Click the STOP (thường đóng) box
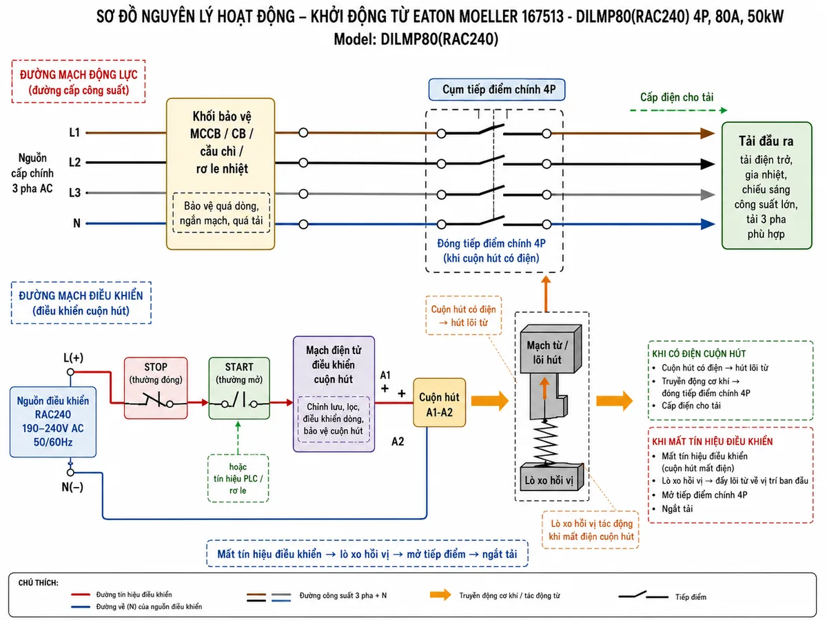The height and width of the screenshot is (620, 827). coord(156,388)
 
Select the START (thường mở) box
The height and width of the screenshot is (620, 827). coord(239,388)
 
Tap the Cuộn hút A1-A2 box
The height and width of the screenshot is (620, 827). coord(439,402)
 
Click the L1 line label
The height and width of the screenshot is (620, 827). coord(74,132)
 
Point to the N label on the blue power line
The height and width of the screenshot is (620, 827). coord(77,223)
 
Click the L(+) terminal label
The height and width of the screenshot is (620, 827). coord(74,358)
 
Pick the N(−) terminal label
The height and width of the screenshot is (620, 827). coord(72,487)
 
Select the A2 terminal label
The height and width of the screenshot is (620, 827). coord(398,441)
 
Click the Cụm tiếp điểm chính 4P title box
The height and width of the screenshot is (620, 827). coord(497,90)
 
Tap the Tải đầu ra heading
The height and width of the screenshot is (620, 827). coord(766,141)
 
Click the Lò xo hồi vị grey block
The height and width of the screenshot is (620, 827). coord(552,477)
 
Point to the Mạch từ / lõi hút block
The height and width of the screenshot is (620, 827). coord(551,349)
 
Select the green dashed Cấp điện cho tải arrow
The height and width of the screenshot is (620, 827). coord(679,110)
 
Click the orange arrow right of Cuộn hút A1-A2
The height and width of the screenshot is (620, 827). coord(490,401)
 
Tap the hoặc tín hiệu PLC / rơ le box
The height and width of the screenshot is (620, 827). coord(238,479)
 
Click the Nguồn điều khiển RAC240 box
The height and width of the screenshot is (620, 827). coord(53,422)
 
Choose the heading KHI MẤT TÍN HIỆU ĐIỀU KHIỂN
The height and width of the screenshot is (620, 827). coord(713,442)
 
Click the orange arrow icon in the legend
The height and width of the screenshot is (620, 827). coord(440,595)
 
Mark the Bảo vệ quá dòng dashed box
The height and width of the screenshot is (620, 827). coord(221,213)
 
